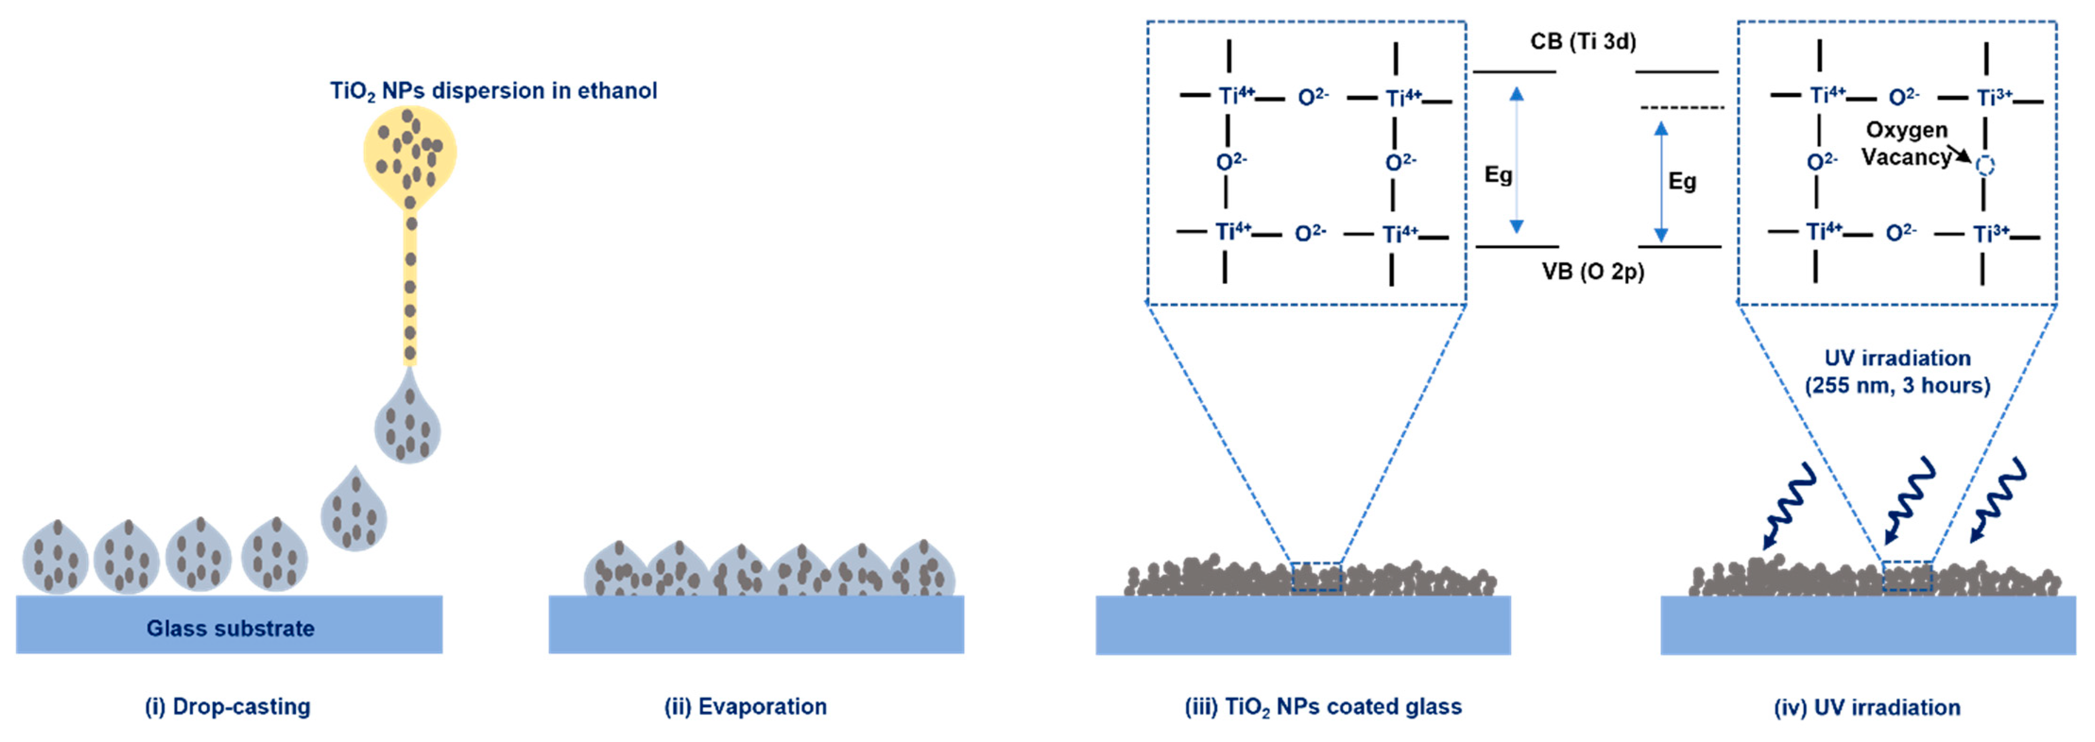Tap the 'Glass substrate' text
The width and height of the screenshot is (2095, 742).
tap(230, 628)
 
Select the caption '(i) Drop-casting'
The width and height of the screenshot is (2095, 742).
tap(228, 706)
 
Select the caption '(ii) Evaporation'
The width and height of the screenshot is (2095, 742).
tap(745, 706)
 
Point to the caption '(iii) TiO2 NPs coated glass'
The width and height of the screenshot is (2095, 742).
tap(1322, 706)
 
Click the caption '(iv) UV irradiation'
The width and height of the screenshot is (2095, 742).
tap(1867, 707)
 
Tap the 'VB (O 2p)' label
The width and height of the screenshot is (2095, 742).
tap(1592, 271)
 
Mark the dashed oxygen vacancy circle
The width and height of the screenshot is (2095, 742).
tap(1985, 166)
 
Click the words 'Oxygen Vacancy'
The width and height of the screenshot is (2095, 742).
tap(1907, 143)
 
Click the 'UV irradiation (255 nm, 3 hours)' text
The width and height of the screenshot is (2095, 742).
tap(1898, 371)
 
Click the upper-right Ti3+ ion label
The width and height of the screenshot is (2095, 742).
tap(1994, 98)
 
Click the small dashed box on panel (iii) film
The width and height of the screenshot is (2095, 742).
tap(1316, 576)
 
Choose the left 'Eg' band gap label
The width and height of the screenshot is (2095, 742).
tap(1498, 175)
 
